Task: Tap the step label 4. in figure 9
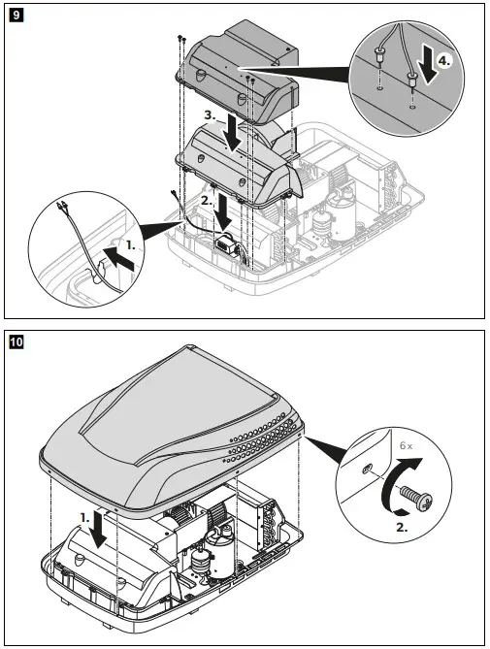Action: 441,59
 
